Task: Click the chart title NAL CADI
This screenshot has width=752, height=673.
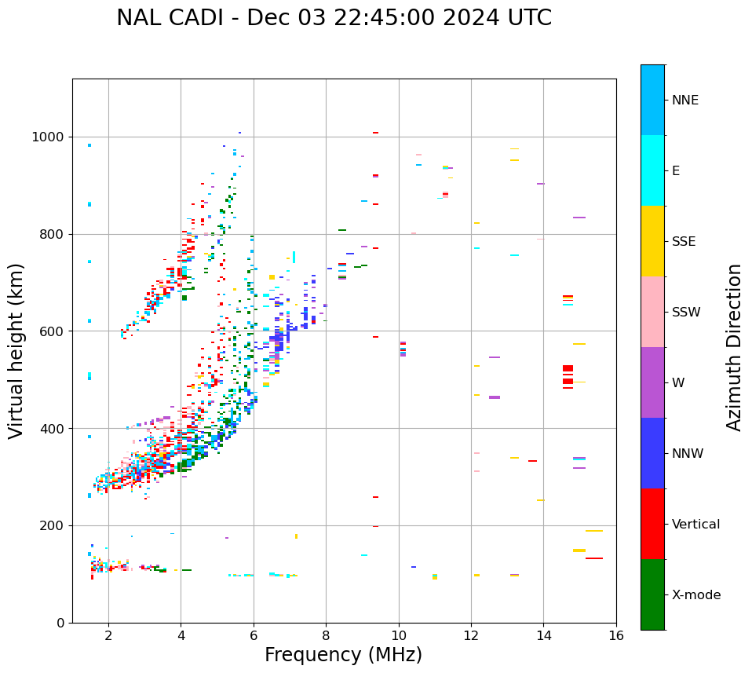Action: [334, 18]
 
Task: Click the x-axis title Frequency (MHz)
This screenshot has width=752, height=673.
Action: [343, 655]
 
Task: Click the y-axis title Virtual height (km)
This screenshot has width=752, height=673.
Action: [16, 350]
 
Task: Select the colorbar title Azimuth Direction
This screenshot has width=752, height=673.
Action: [734, 346]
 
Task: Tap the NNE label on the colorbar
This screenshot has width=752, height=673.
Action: [684, 101]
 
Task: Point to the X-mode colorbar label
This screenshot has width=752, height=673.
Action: [695, 595]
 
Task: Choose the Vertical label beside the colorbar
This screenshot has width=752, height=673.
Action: [695, 525]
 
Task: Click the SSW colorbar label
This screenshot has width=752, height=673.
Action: [686, 313]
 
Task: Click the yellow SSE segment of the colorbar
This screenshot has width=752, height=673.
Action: [652, 241]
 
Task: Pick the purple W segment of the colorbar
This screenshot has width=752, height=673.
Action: [652, 382]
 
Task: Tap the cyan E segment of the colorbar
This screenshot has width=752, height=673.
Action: [652, 170]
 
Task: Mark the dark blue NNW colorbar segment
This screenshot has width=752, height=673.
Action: [652, 453]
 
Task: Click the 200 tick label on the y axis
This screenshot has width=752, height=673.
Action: [54, 526]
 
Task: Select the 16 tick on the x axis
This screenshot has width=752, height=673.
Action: [616, 635]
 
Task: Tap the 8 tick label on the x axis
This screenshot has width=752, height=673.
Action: [326, 635]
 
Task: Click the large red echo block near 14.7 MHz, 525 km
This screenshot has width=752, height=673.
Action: [568, 368]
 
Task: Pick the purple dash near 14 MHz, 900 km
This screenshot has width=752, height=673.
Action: [541, 184]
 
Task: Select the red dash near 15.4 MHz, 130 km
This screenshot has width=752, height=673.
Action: [594, 558]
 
